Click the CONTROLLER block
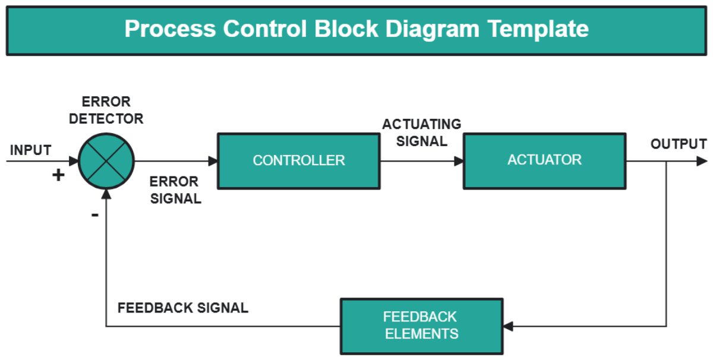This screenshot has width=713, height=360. [x=298, y=160]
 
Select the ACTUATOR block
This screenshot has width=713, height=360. [x=544, y=160]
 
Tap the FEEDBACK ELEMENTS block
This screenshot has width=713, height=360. [x=421, y=326]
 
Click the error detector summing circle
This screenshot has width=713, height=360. [x=107, y=161]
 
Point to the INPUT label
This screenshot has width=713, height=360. [x=30, y=150]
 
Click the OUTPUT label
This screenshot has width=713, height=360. [x=679, y=144]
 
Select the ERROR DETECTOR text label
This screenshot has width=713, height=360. [x=106, y=110]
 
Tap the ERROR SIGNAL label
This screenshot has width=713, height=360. [x=175, y=190]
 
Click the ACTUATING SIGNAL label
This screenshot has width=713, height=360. [x=421, y=132]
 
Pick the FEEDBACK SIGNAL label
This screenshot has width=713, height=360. [x=182, y=308]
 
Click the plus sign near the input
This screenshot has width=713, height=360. [x=58, y=175]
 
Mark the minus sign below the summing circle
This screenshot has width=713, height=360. [x=95, y=214]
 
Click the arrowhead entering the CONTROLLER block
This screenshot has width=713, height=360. [x=213, y=161]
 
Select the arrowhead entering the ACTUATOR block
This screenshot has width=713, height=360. [x=459, y=161]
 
